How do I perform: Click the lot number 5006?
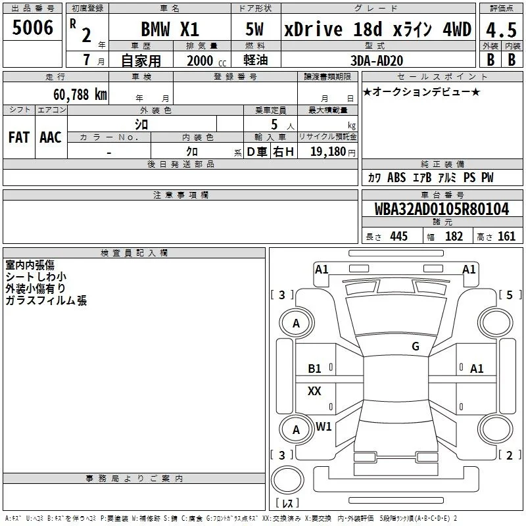(x=32, y=28)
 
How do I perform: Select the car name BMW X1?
(x=170, y=29)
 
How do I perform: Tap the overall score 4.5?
(x=501, y=30)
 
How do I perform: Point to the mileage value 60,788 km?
(x=80, y=95)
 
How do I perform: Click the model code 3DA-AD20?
(x=377, y=60)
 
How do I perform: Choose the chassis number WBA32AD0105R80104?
(x=442, y=209)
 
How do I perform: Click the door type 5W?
(x=254, y=29)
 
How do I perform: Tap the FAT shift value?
(x=19, y=137)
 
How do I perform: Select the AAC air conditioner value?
(x=51, y=137)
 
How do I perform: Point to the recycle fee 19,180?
(x=328, y=152)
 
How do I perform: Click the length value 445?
(x=399, y=236)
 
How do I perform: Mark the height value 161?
(x=506, y=236)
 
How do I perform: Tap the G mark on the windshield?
(x=416, y=347)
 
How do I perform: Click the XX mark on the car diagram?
(x=314, y=391)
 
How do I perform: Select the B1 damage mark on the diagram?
(x=314, y=369)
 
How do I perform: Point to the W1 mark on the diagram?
(x=323, y=426)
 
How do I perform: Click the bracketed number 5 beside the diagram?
(x=510, y=295)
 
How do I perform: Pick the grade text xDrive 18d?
(x=333, y=30)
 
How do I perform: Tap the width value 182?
(x=454, y=236)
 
